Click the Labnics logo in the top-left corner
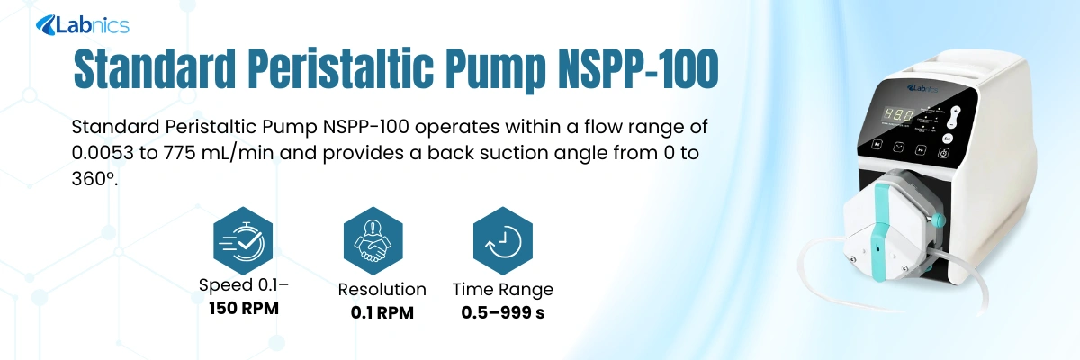click(82, 25)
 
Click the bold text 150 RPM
click(244, 309)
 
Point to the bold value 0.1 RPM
click(382, 313)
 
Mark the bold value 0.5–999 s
click(503, 313)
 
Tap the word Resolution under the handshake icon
click(382, 290)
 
